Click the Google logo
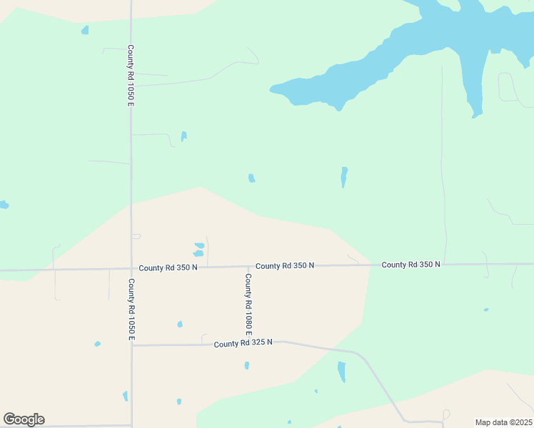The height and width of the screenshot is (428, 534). [x=24, y=419]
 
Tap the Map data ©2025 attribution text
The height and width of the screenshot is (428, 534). [x=503, y=422]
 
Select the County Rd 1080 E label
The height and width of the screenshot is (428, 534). [x=248, y=305]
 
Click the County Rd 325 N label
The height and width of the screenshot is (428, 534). [x=243, y=343]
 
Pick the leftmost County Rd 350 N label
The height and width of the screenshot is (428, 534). [x=168, y=267]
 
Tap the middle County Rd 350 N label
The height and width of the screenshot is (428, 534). [x=285, y=265]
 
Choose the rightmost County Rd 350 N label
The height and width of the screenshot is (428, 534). [x=410, y=264]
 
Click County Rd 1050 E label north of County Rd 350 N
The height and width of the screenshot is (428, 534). [x=131, y=76]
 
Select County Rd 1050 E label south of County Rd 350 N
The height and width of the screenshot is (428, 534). [x=131, y=309]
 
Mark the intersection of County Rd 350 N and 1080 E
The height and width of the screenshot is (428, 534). [x=248, y=266]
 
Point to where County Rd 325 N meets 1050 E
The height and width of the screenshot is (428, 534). [x=131, y=345]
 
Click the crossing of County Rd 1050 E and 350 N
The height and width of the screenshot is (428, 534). [x=131, y=269]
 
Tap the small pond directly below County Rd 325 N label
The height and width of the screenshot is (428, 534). [x=247, y=365]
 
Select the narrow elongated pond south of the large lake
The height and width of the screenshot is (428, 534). [x=343, y=176]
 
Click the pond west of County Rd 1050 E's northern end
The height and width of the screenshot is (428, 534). [x=85, y=30]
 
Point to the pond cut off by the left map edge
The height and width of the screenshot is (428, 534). [x=4, y=205]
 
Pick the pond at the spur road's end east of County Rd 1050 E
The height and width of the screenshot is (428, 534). [x=183, y=136]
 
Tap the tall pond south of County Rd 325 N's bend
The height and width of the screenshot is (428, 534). [x=341, y=372]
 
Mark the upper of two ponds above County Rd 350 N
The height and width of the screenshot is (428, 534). [x=198, y=246]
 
